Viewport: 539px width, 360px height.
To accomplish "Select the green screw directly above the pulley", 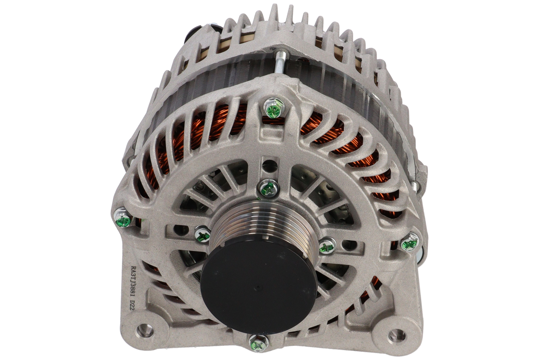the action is pyautogui.click(x=269, y=187).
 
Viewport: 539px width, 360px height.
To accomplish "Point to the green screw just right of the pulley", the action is pyautogui.click(x=327, y=246).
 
